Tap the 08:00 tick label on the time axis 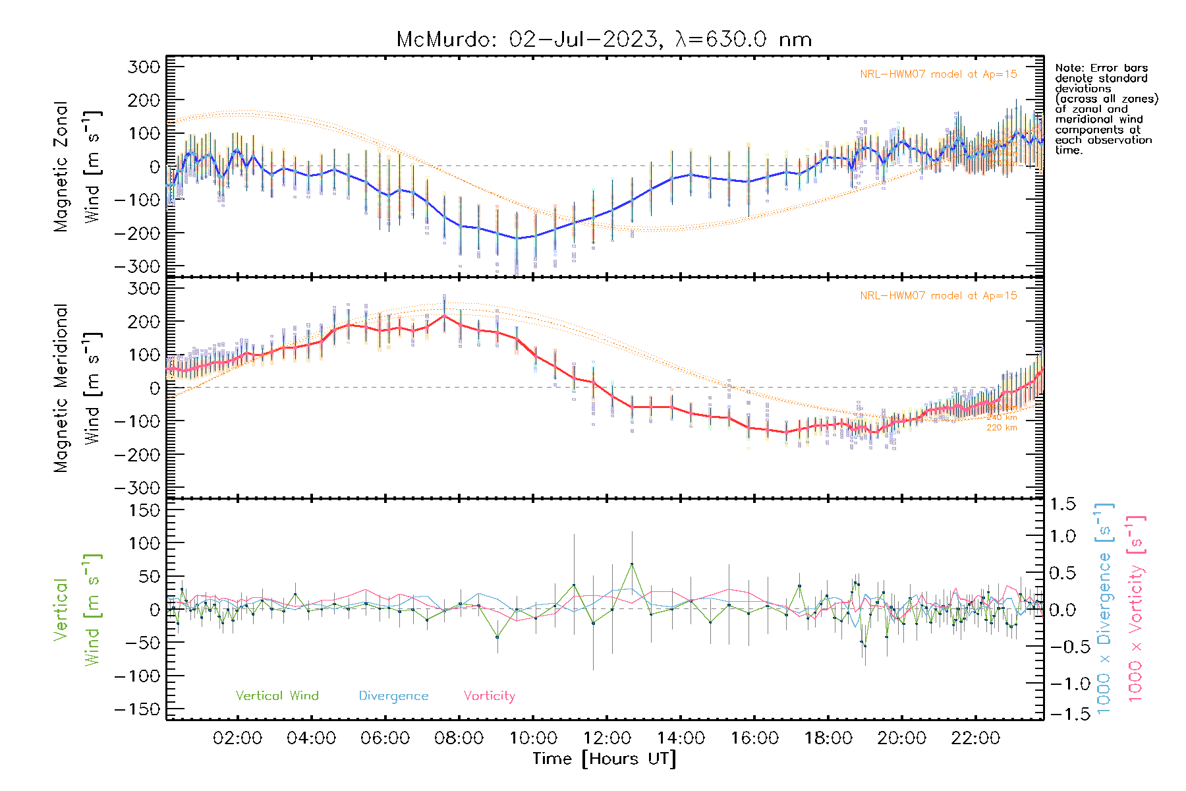459,738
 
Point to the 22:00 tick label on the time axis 975,738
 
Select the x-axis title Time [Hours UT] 604,759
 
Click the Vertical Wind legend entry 277,696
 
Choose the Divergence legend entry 393,696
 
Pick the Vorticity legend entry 489,696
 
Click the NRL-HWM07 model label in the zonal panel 938,74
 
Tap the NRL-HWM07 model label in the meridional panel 938,296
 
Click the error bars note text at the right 1106,109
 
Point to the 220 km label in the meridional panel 1002,428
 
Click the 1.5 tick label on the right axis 1063,504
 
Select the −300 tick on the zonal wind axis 137,266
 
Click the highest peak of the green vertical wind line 632,564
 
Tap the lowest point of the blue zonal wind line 517,239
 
